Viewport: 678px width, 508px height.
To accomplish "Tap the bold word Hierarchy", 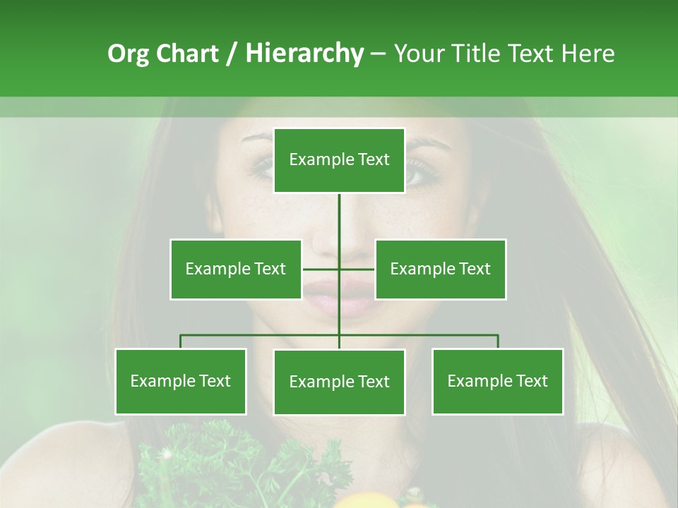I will pyautogui.click(x=304, y=54).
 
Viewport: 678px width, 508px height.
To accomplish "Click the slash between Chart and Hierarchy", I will pyautogui.click(x=232, y=54).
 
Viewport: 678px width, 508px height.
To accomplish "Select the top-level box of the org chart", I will pyautogui.click(x=339, y=160).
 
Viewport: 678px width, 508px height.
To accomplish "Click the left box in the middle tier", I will pyautogui.click(x=235, y=269).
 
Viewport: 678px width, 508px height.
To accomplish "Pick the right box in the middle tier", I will pyautogui.click(x=440, y=269).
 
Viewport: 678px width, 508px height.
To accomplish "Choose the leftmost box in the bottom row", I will pyautogui.click(x=180, y=381).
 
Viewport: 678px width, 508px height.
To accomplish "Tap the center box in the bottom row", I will pyautogui.click(x=339, y=382).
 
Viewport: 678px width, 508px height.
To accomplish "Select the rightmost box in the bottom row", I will pyautogui.click(x=497, y=381).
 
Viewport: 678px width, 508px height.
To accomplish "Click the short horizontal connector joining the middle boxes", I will pyautogui.click(x=321, y=269).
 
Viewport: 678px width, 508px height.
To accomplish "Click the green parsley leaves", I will pyautogui.click(x=212, y=459).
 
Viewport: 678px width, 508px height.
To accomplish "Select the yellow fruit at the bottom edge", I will pyautogui.click(x=367, y=500).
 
